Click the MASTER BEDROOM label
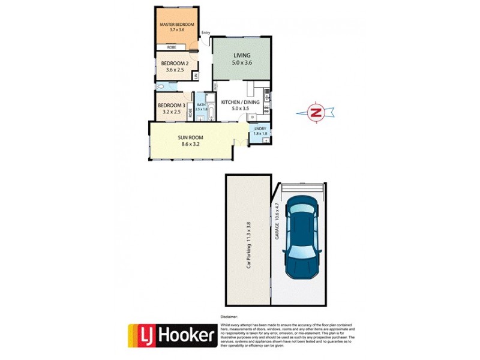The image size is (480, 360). point(176,24)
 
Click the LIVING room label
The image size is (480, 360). point(242,55)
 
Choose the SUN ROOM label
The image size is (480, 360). point(191,137)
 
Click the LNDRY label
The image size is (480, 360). point(260,128)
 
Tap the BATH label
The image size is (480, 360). point(200,105)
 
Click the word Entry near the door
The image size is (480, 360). point(206,32)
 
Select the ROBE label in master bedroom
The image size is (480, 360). point(171,46)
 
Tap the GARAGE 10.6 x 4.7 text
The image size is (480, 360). point(278,223)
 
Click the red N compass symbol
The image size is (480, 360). point(316,112)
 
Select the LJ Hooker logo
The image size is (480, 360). point(172,336)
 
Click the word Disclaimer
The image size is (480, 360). point(230,315)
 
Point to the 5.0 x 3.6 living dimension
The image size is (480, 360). point(242,62)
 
